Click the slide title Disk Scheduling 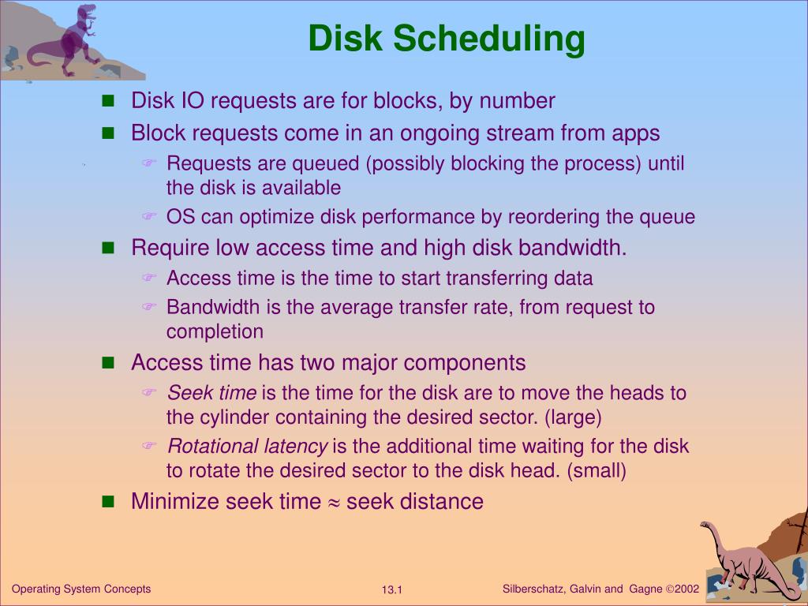[x=447, y=39]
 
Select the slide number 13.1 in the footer [x=392, y=590]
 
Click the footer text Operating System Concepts [x=81, y=589]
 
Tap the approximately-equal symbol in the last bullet [x=333, y=502]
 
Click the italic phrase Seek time [x=211, y=393]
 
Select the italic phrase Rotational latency [x=247, y=447]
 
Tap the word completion [x=215, y=331]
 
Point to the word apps [x=635, y=133]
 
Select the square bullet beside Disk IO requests [x=109, y=101]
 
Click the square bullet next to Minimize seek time [x=109, y=501]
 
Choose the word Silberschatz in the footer [x=532, y=589]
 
